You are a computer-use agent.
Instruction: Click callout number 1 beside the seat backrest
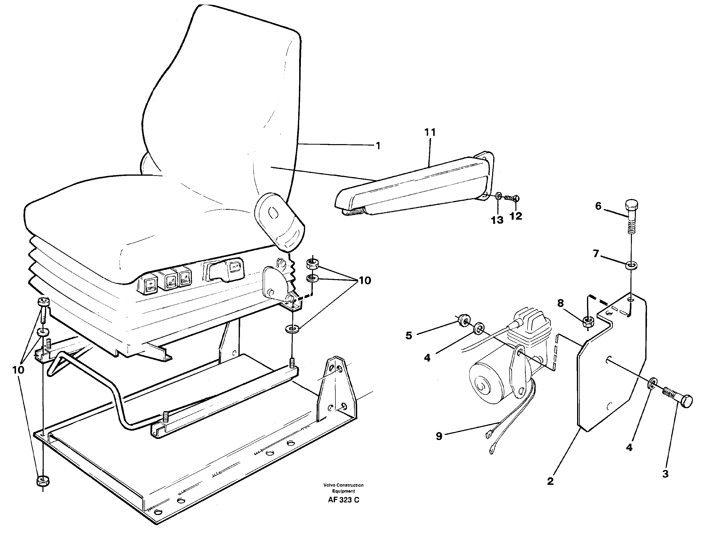tap(378, 146)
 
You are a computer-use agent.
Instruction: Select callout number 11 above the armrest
tap(430, 133)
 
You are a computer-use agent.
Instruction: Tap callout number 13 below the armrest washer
tap(497, 220)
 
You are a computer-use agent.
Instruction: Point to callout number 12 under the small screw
tap(516, 216)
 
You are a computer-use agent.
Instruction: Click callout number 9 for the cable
tap(439, 437)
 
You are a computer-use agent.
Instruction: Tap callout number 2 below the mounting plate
tap(550, 481)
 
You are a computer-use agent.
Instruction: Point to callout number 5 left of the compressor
tap(409, 336)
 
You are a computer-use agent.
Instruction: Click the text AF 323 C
tap(343, 500)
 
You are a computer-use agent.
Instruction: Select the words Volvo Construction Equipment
tap(343, 488)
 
